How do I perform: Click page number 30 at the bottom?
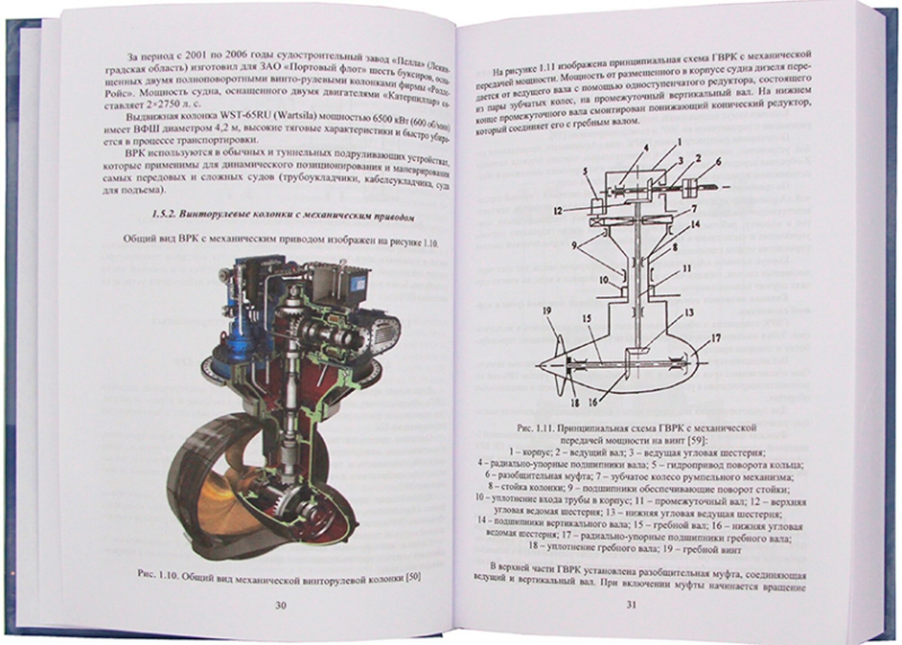point(281,606)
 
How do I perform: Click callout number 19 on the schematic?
point(547,310)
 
